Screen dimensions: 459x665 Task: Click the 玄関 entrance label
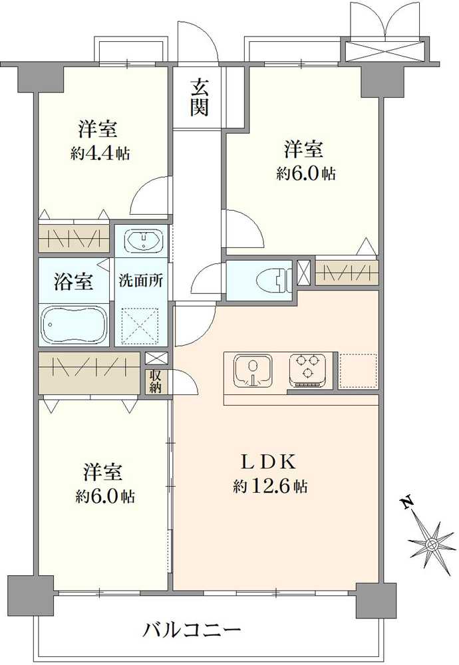pyautogui.click(x=199, y=98)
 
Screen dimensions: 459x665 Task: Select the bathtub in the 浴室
pyautogui.click(x=75, y=325)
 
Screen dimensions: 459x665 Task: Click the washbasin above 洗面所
pyautogui.click(x=144, y=241)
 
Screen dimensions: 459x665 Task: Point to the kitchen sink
pyautogui.click(x=252, y=370)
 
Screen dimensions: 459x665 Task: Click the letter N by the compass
pyautogui.click(x=408, y=503)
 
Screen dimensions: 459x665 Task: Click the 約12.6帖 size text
pyautogui.click(x=270, y=486)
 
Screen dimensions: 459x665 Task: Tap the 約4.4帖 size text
pyautogui.click(x=100, y=153)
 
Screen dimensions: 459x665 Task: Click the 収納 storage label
pyautogui.click(x=155, y=382)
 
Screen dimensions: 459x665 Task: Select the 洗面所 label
pyautogui.click(x=140, y=281)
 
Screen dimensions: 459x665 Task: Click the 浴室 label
pyautogui.click(x=73, y=281)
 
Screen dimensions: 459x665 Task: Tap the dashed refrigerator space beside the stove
pyautogui.click(x=358, y=371)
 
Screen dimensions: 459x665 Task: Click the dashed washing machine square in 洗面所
pyautogui.click(x=140, y=325)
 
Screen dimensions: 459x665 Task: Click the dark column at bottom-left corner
pyautogui.click(x=31, y=595)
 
